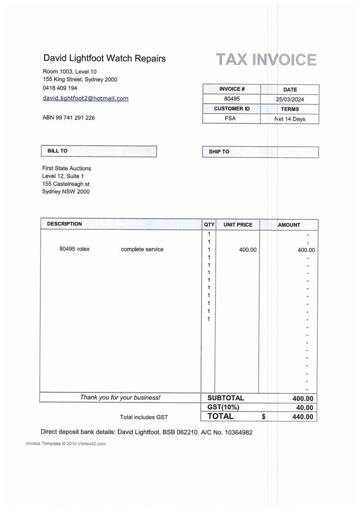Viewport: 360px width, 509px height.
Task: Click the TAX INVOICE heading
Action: pos(266,60)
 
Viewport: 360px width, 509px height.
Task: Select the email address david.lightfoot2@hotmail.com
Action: pos(86,98)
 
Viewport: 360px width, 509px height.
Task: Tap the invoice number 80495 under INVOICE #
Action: pos(232,99)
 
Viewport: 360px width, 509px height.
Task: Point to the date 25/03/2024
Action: pos(290,100)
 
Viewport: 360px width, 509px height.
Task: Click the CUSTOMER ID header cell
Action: pos(232,109)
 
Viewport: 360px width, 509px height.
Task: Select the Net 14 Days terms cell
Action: pos(290,119)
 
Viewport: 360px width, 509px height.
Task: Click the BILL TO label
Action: pos(58,151)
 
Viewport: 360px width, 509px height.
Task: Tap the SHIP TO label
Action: pos(219,152)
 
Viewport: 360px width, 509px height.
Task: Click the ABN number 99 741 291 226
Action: pos(69,118)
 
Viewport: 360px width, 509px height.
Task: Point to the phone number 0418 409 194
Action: pos(60,88)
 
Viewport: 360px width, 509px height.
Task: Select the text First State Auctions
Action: pos(67,168)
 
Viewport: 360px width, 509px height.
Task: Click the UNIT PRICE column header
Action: pos(238,225)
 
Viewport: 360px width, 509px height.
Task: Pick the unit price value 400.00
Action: pos(248,249)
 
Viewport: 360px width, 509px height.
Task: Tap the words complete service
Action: pos(142,249)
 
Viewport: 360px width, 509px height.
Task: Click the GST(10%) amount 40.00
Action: pos(302,408)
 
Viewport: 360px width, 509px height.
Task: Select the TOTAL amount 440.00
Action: pos(302,417)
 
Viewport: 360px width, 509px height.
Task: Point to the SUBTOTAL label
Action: pos(226,398)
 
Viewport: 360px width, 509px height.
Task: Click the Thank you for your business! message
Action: pos(120,397)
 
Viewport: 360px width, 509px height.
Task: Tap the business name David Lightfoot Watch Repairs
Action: pos(105,59)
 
